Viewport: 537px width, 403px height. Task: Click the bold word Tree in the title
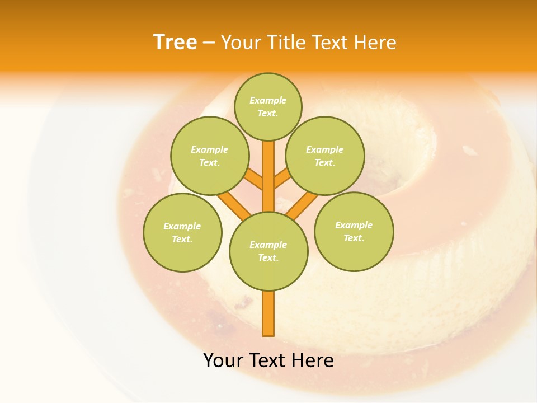(x=175, y=42)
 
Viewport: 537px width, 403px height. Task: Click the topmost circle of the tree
(x=268, y=106)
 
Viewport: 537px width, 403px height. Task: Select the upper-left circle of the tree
(x=209, y=156)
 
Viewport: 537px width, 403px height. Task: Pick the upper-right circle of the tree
(x=324, y=156)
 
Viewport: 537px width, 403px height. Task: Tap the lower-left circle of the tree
(x=182, y=232)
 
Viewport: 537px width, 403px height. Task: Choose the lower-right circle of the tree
(x=354, y=231)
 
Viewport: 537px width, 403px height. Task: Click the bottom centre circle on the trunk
(x=268, y=251)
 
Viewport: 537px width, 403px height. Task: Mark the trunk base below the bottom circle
(x=268, y=313)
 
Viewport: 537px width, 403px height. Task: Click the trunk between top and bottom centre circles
(x=268, y=176)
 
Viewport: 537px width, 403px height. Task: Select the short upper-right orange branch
(x=282, y=179)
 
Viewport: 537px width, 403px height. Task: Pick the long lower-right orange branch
(x=303, y=204)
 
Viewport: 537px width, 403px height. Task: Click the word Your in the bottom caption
(x=223, y=360)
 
